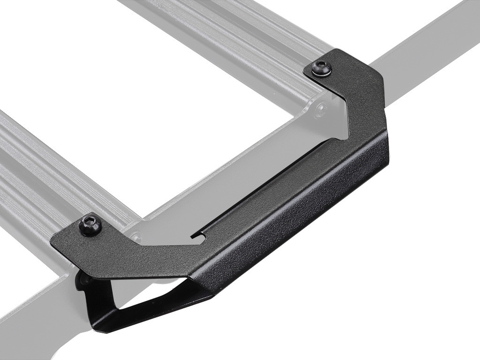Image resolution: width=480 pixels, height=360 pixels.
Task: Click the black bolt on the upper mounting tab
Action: click(322, 68)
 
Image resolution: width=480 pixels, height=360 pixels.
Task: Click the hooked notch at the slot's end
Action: click(198, 236)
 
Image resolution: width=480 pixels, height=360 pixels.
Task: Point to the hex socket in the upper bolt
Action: click(322, 67)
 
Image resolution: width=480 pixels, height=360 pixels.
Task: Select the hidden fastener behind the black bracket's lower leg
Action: click(84, 280)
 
